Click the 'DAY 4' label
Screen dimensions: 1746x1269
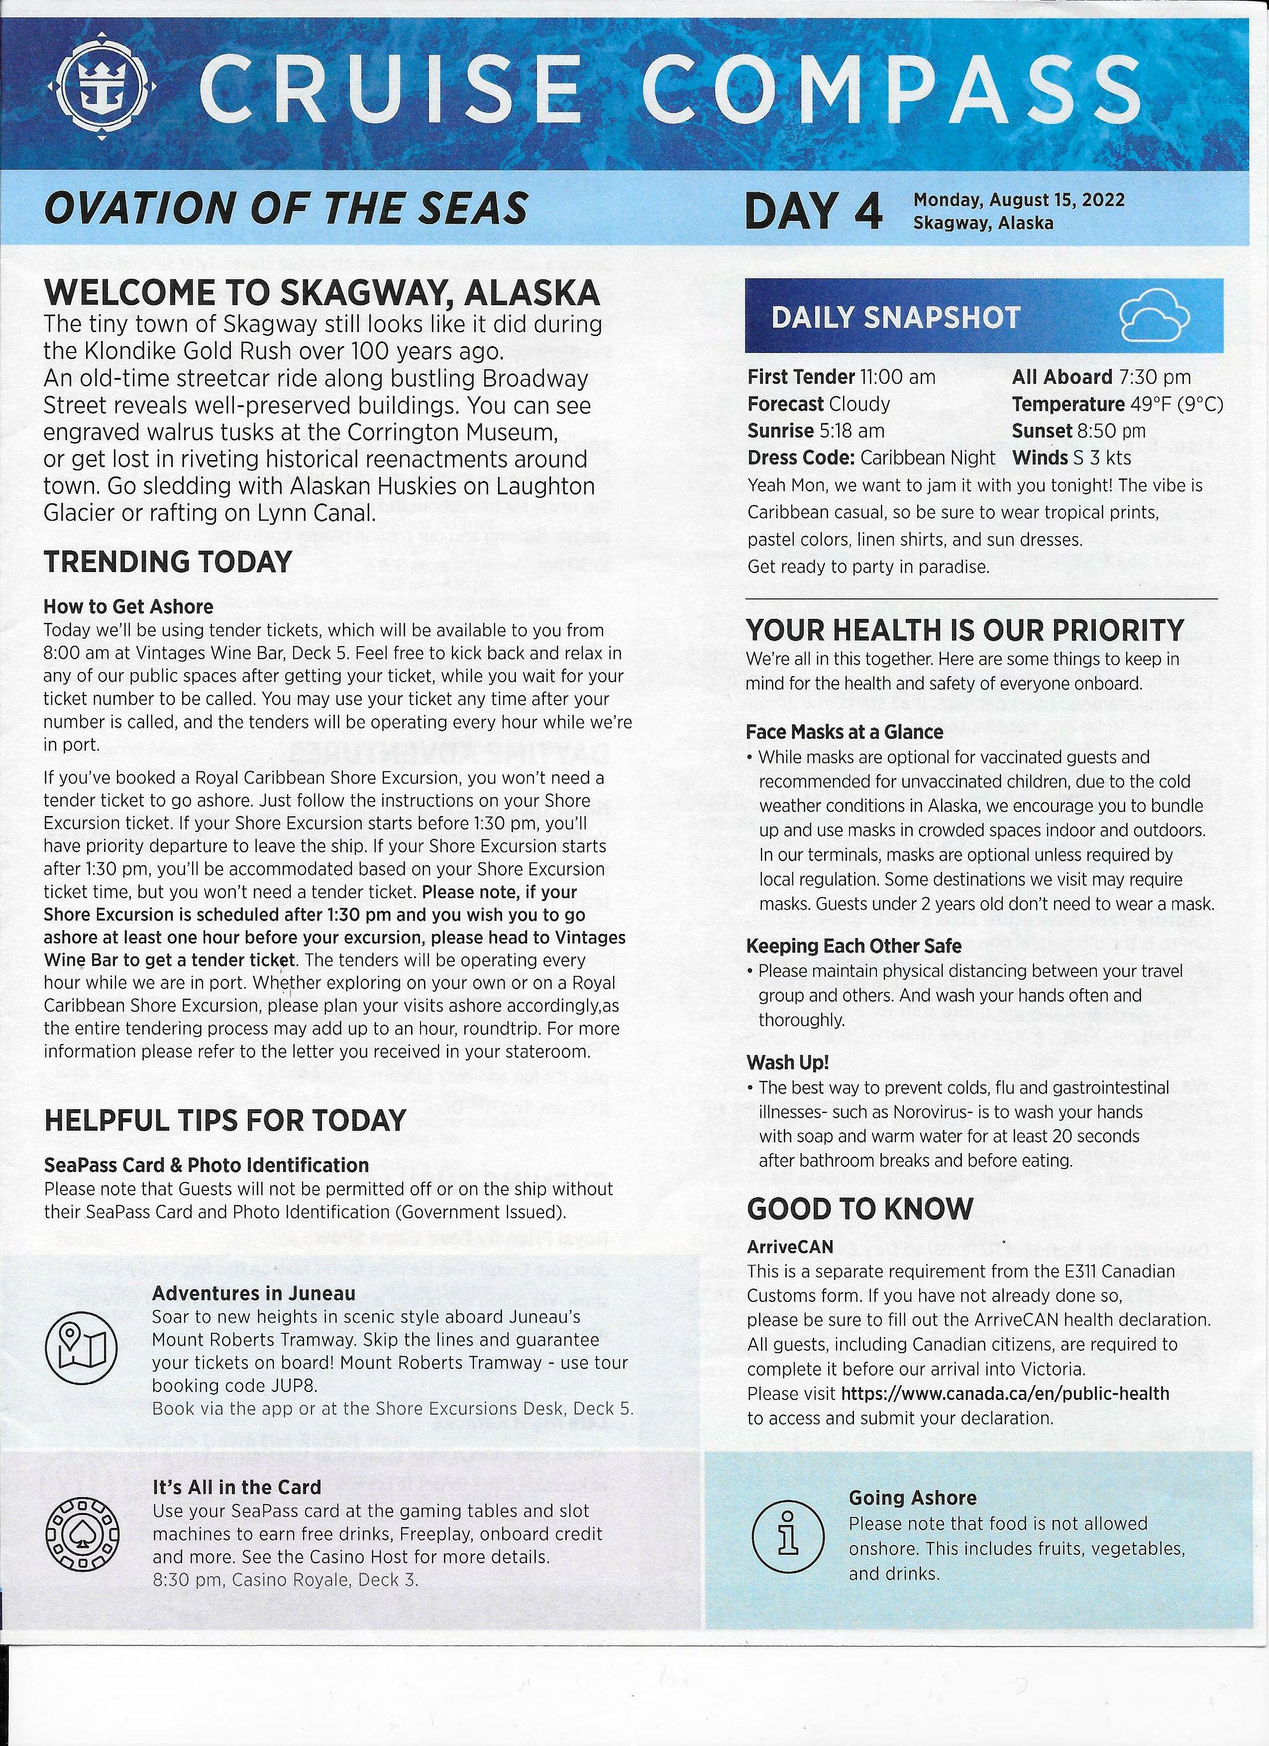coord(814,211)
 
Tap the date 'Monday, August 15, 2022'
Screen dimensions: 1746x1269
coord(1019,200)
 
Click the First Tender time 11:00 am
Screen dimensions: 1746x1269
coord(897,377)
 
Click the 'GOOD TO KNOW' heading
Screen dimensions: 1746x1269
coord(859,1209)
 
